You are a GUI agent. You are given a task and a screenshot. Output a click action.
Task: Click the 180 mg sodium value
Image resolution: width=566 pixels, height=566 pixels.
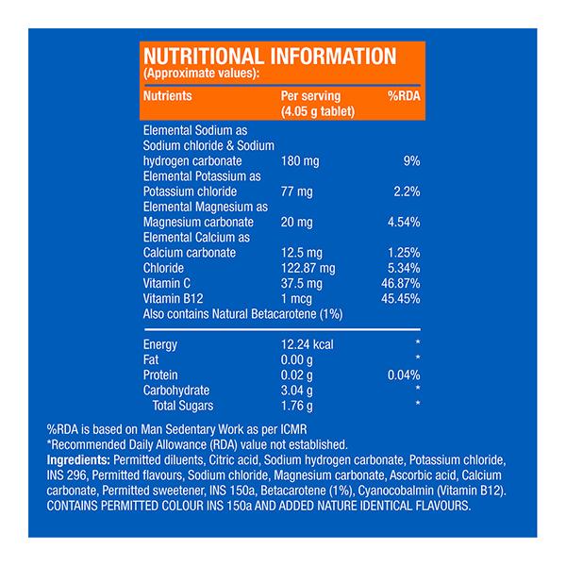pos(300,162)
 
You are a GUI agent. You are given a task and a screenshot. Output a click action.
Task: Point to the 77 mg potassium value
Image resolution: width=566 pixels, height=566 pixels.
pos(297,192)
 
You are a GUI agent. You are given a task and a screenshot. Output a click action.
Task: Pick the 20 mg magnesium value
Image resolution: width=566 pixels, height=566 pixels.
pos(297,222)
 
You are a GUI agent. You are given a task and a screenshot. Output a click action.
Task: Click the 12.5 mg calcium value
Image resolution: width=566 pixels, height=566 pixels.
pos(303,253)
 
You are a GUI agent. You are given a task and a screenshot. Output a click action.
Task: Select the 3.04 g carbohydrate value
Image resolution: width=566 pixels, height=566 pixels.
pos(298,391)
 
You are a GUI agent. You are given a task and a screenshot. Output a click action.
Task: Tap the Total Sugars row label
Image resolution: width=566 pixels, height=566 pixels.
pos(183,406)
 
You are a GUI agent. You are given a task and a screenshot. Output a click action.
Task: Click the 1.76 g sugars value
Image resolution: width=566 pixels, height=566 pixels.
pos(298,406)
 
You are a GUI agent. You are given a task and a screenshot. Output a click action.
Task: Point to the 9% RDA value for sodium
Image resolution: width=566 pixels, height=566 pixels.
pos(411,162)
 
